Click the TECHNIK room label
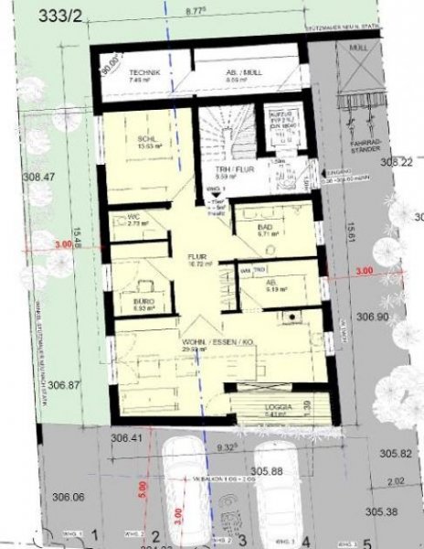(x=145, y=72)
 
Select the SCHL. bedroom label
(x=144, y=140)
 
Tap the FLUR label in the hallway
(x=197, y=257)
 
